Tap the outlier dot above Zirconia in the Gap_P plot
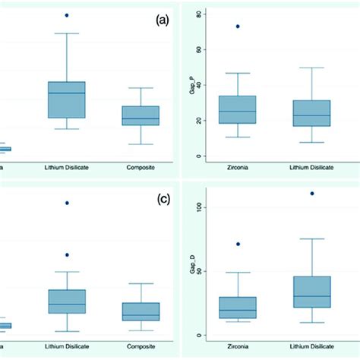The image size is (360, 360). [x=238, y=27]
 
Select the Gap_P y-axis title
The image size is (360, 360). [x=191, y=84]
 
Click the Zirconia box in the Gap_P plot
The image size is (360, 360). [x=238, y=109]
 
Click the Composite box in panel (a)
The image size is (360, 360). [x=141, y=115]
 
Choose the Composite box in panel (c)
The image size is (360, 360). [x=141, y=311]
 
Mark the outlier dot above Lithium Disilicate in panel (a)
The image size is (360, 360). [x=67, y=15]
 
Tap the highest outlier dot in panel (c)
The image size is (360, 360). [x=67, y=203]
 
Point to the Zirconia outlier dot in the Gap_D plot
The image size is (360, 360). [x=238, y=244]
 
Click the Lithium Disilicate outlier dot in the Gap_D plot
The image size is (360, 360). [x=311, y=194]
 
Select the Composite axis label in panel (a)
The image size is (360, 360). [x=141, y=167]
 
